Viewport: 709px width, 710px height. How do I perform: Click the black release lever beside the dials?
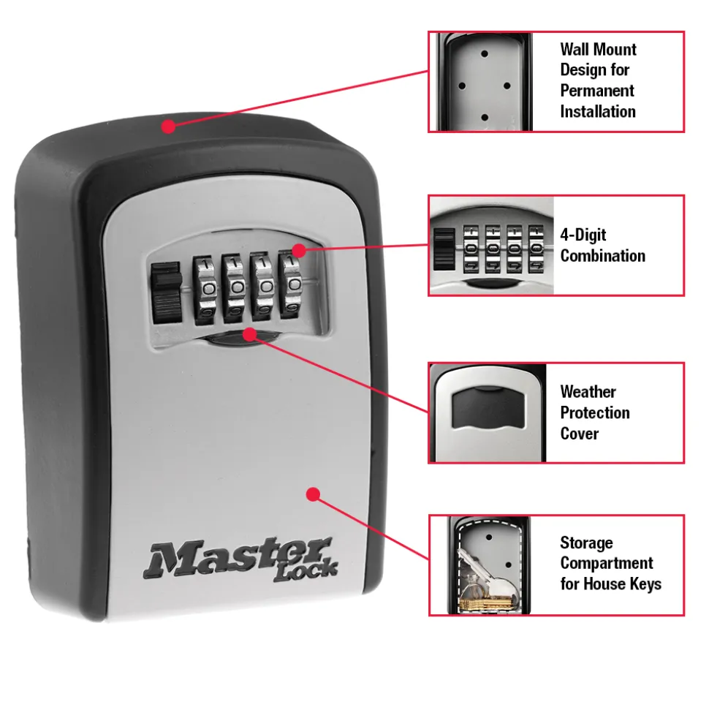click(166, 293)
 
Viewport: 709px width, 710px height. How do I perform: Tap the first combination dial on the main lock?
click(205, 290)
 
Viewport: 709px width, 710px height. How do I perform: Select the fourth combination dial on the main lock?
click(292, 285)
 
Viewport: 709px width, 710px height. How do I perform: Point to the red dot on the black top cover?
click(168, 126)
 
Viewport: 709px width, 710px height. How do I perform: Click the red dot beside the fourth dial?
click(299, 250)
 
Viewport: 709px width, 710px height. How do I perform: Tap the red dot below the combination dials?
click(249, 335)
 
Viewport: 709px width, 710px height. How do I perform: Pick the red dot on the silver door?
click(313, 494)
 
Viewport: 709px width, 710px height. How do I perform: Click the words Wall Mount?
click(598, 49)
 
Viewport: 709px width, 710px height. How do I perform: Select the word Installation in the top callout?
click(598, 111)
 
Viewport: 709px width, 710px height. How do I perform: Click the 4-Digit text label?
click(583, 235)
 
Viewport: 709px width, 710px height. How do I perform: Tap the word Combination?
click(602, 256)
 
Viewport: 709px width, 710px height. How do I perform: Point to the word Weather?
click(588, 392)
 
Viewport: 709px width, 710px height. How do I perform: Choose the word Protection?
click(595, 412)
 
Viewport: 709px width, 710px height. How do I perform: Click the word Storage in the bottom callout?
click(586, 543)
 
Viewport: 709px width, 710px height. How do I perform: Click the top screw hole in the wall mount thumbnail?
click(485, 54)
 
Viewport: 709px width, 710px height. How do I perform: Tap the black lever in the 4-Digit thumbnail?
click(444, 249)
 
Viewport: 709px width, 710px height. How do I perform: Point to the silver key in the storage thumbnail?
click(489, 575)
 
